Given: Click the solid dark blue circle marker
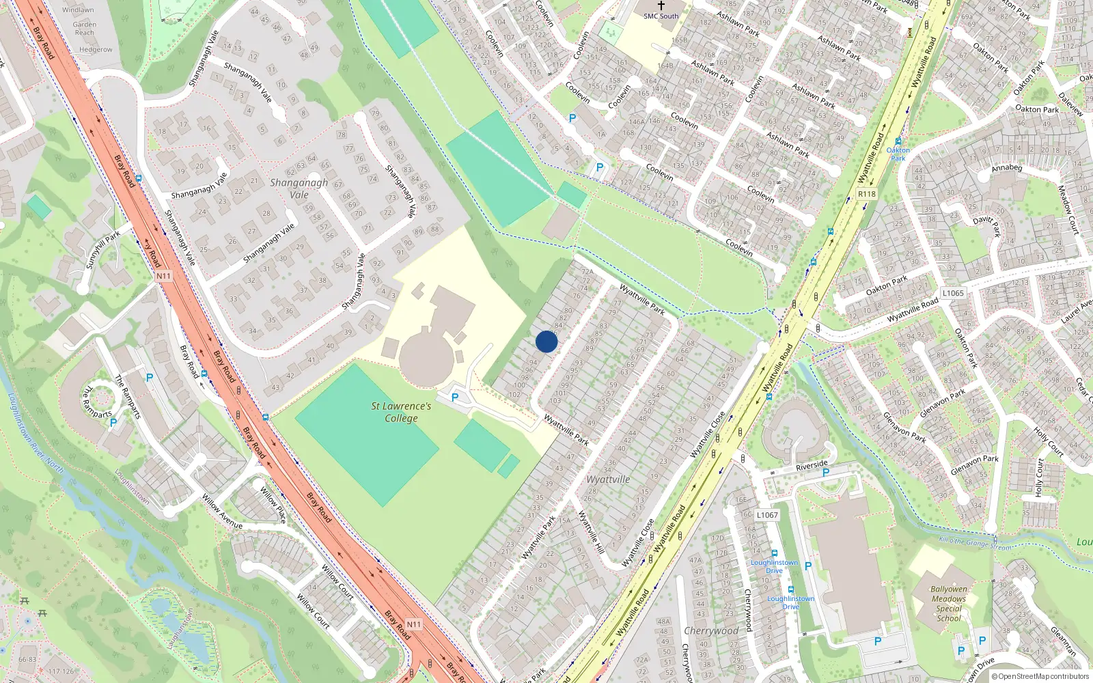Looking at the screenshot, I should point(546,341).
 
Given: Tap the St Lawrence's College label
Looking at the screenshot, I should point(401,412).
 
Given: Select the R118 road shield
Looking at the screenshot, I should point(866,194).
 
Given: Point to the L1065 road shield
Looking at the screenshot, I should point(953,293).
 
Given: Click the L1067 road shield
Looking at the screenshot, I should point(767,515).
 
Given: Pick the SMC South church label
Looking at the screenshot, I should point(661,16).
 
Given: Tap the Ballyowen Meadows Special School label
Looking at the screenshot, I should point(949,603).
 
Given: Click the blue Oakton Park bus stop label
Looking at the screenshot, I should point(898,154).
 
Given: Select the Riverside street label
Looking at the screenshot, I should point(812,465).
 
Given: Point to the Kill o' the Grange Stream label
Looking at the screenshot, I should point(976,544).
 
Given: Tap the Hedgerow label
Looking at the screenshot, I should point(96,50).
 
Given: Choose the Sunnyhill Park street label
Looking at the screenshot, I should point(102,249).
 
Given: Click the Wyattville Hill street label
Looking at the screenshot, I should point(591,532).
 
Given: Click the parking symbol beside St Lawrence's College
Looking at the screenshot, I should point(455,398).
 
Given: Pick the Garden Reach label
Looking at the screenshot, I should point(85,28).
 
